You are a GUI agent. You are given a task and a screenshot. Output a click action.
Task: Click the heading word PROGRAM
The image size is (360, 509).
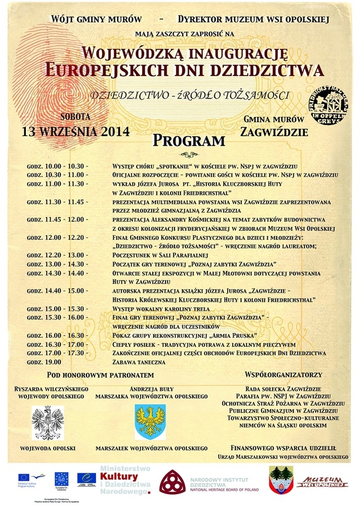pos(188,140)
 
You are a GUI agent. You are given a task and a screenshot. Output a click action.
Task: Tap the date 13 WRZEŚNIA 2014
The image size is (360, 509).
pos(76,131)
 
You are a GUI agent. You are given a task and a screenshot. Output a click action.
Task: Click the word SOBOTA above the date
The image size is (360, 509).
pos(75,116)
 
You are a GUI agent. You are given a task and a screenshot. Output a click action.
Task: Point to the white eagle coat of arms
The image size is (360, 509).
pos(48,422)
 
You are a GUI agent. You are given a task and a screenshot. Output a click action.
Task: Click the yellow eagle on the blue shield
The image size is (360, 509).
pos(150,422)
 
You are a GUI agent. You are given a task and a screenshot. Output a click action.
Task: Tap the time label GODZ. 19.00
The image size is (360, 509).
pos(44,362)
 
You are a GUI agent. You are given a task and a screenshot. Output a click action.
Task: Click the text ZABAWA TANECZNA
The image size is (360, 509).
pos(139,362)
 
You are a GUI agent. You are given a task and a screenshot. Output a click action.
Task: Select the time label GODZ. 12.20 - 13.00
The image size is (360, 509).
pos(57,255)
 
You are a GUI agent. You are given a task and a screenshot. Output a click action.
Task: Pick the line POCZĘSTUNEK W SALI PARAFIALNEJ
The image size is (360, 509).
pos(159,255)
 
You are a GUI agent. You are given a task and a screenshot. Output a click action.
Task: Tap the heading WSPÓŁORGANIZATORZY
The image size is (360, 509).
pos(284,375)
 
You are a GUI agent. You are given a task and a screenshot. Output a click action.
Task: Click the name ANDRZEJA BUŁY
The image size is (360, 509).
pos(152,389)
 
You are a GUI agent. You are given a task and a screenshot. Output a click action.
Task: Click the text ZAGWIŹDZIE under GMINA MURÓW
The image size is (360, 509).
pos(274,132)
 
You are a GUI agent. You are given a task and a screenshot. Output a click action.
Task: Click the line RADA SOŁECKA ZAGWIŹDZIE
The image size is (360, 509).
pos(284,389)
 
